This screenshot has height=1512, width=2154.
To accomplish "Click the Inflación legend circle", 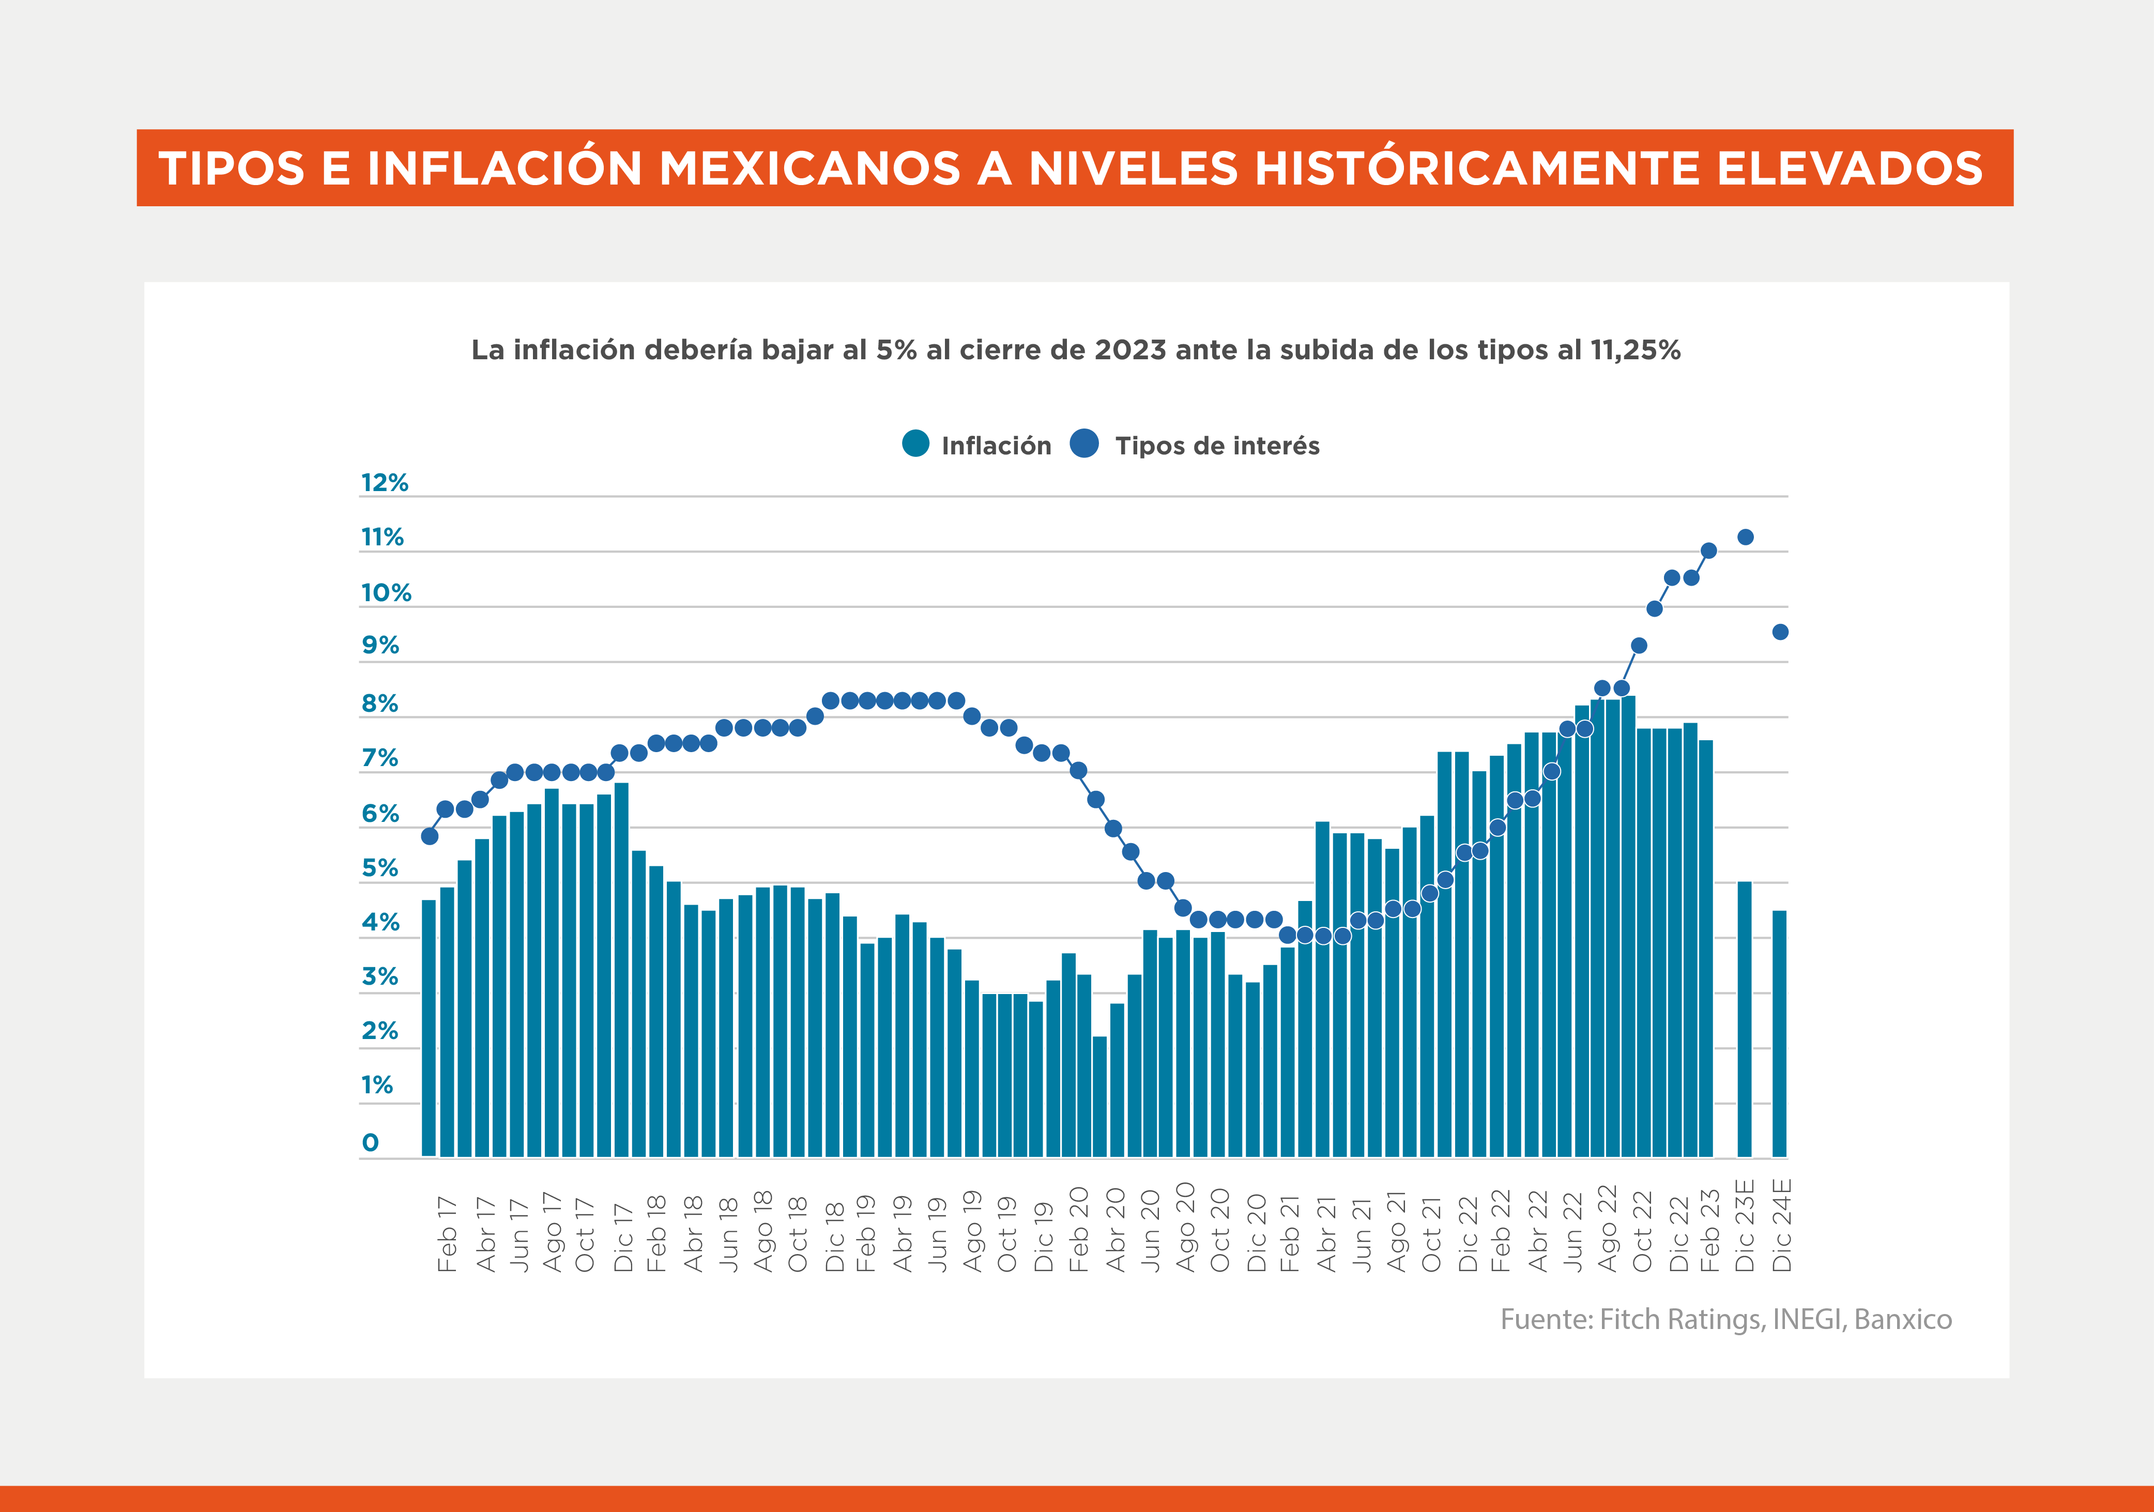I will pyautogui.click(x=915, y=444).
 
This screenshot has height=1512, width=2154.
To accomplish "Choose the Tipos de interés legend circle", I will pyautogui.click(x=1084, y=444).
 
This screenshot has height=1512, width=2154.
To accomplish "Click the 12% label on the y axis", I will pyautogui.click(x=385, y=483).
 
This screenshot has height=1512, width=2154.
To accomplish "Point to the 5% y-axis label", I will pyautogui.click(x=380, y=868).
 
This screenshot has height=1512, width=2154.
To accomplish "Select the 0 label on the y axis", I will pyautogui.click(x=371, y=1142).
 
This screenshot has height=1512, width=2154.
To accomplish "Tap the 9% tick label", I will pyautogui.click(x=380, y=645).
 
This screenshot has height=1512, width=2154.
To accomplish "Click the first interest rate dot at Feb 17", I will pyautogui.click(x=430, y=836).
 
